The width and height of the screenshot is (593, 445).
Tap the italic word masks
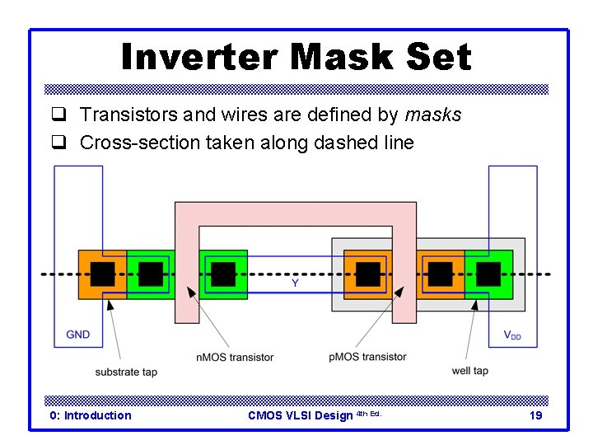coord(433,115)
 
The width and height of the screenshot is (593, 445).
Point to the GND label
coord(78,335)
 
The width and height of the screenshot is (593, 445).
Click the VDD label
coord(512,335)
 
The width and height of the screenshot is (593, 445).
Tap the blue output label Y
coord(295,283)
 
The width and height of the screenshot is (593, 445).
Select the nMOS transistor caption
coord(235,357)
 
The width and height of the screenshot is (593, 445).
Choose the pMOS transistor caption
coord(367,357)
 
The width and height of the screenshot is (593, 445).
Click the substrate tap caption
coord(126,372)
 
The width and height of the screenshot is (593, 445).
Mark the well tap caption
coord(469,371)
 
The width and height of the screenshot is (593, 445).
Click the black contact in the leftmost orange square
coord(102,274)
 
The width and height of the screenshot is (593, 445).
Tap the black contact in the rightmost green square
coord(488,274)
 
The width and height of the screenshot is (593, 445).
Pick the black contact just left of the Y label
coord(223,274)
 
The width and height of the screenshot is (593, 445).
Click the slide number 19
coord(535,415)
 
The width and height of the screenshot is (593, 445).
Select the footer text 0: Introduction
coord(91,415)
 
